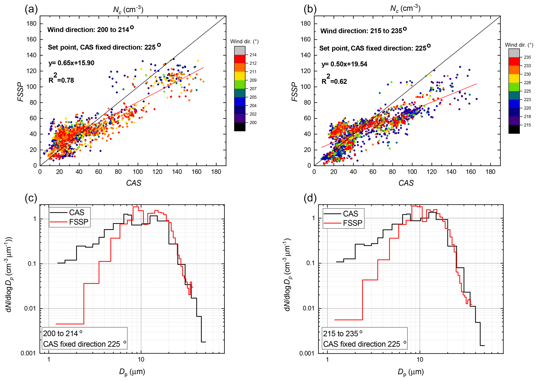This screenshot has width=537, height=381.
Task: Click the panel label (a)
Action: [31, 9]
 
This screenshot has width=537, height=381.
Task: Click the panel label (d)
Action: [310, 198]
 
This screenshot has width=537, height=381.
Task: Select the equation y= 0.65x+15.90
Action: [71, 63]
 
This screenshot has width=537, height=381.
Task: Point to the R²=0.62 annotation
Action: [334, 81]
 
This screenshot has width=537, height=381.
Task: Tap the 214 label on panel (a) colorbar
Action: [253, 55]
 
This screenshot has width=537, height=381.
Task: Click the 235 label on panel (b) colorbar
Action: [527, 57]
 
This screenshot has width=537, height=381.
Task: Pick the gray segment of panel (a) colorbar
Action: [240, 50]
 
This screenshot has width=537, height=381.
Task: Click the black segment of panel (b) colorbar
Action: [514, 129]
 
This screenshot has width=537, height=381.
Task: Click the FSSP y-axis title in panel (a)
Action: [21, 92]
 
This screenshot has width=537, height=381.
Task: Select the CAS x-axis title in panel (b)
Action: [406, 183]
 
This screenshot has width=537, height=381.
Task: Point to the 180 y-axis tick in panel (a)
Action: [31, 24]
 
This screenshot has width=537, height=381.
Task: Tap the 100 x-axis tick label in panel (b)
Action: [412, 172]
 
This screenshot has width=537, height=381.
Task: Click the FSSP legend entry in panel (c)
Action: [79, 222]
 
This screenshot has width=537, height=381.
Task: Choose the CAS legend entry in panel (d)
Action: [350, 214]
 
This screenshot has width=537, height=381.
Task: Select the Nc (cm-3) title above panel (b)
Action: [405, 9]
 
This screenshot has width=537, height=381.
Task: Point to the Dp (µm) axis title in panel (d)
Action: [410, 372]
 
